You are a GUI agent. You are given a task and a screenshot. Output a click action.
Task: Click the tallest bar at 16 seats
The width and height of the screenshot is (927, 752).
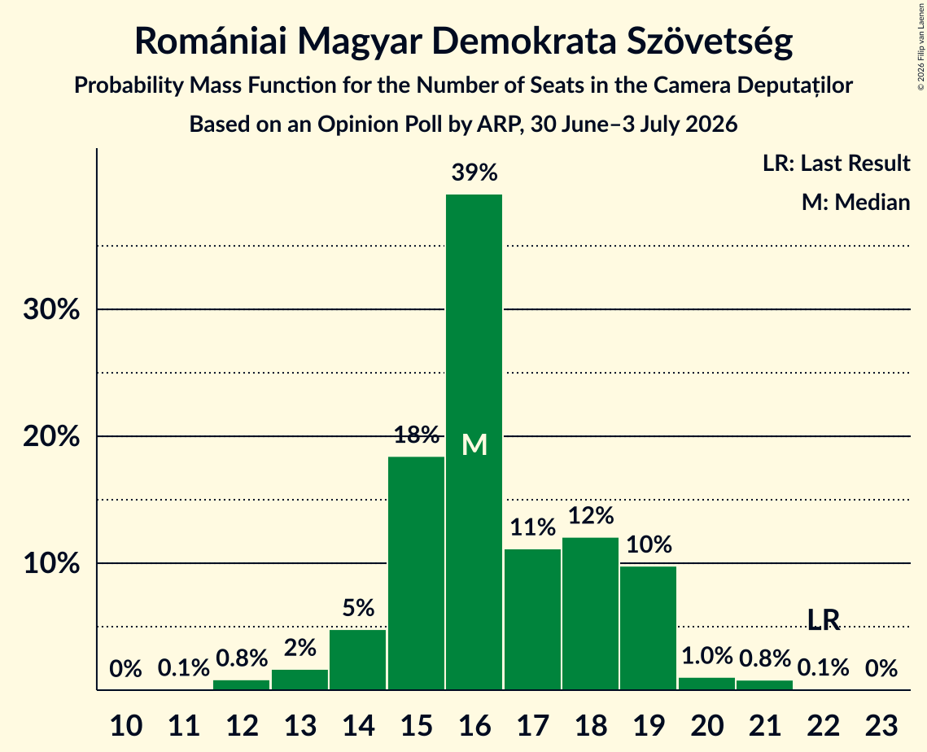pyautogui.click(x=474, y=442)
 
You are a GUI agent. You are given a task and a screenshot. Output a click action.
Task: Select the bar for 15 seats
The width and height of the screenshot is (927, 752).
pyautogui.click(x=416, y=573)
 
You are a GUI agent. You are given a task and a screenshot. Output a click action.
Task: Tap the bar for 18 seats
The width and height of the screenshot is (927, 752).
pyautogui.click(x=591, y=614)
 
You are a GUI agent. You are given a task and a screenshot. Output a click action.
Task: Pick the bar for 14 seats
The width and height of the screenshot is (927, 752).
pyautogui.click(x=357, y=660)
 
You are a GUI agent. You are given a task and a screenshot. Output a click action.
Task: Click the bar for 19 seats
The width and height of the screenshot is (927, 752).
pyautogui.click(x=649, y=627)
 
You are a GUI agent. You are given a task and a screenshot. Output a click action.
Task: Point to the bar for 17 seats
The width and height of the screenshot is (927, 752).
pyautogui.click(x=532, y=619)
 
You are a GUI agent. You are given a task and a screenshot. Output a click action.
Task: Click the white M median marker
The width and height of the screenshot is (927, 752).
pyautogui.click(x=474, y=444)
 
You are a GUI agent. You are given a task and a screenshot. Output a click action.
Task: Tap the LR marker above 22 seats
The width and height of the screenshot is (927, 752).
pyautogui.click(x=824, y=619)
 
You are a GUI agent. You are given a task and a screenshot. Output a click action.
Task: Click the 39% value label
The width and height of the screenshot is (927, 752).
pyautogui.click(x=474, y=173)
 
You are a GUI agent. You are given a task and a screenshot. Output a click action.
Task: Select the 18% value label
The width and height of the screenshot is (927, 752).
pyautogui.click(x=416, y=435)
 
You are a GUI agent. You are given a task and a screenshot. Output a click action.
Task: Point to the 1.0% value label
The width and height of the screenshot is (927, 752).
pyautogui.click(x=707, y=656)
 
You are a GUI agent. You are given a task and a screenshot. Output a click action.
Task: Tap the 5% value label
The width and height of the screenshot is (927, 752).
pyautogui.click(x=358, y=608)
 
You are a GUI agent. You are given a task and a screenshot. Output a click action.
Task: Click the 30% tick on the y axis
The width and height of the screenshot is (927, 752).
pyautogui.click(x=51, y=309)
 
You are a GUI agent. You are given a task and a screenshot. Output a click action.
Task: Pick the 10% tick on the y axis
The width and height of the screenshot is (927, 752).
pyautogui.click(x=51, y=563)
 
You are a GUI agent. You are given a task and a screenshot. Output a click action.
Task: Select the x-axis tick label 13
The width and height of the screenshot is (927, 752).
pyautogui.click(x=300, y=725)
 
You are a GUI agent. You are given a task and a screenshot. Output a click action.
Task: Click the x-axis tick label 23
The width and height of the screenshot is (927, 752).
pyautogui.click(x=881, y=725)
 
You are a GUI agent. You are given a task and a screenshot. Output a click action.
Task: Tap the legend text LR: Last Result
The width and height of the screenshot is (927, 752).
pyautogui.click(x=836, y=163)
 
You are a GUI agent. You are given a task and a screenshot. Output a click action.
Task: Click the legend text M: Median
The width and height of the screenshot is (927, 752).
pyautogui.click(x=855, y=202)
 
